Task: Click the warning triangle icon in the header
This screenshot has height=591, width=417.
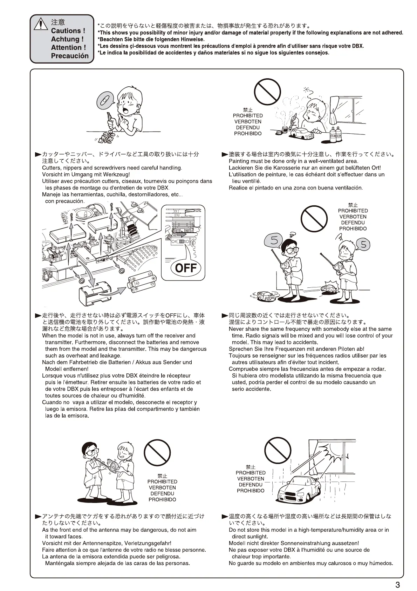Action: tap(41, 24)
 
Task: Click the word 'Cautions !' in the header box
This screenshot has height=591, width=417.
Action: tap(68, 31)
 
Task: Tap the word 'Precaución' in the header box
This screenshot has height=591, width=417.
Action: tap(70, 56)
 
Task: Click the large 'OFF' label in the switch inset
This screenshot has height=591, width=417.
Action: tap(186, 268)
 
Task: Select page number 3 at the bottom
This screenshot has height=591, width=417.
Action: tap(397, 585)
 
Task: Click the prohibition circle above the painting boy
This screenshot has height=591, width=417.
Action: tap(267, 92)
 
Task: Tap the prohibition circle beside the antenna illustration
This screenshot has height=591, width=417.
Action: tap(157, 452)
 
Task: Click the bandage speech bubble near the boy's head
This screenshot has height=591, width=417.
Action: tap(105, 100)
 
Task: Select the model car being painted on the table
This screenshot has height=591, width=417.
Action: tap(302, 134)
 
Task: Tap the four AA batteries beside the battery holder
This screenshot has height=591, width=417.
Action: tap(142, 281)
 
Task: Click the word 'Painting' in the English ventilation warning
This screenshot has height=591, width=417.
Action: tap(239, 161)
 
